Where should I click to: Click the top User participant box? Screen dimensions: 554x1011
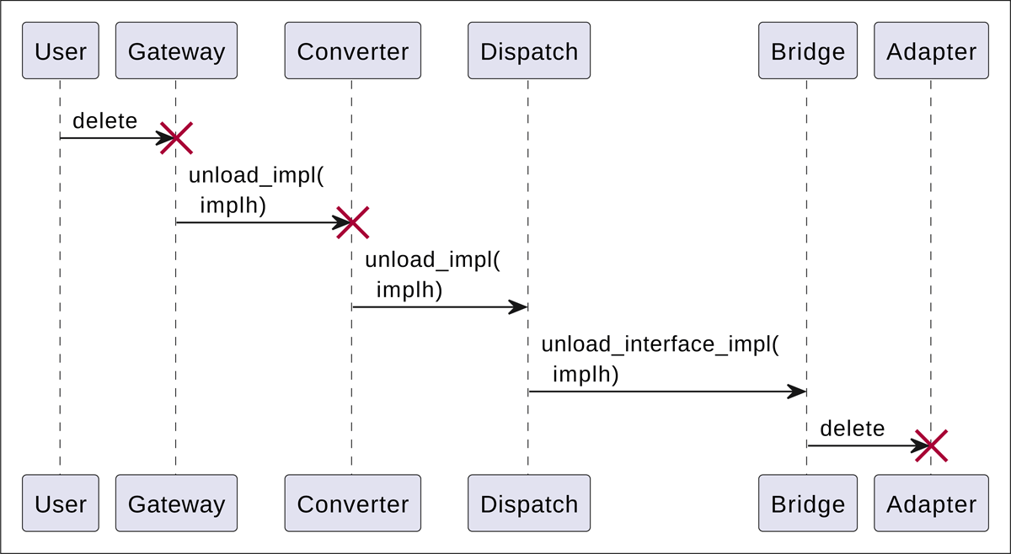click(x=60, y=51)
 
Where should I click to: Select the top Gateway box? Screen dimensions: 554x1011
click(x=176, y=51)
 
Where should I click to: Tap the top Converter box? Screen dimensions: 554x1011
click(x=352, y=51)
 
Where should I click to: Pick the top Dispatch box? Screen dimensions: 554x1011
click(x=529, y=51)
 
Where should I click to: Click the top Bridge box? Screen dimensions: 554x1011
click(x=807, y=51)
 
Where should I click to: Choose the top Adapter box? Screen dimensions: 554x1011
click(x=931, y=51)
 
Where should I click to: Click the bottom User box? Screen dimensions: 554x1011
click(x=60, y=503)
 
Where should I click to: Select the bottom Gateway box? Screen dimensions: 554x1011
click(x=176, y=503)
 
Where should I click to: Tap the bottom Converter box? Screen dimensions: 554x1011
click(x=352, y=503)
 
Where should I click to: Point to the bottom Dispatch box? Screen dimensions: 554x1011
click(x=529, y=503)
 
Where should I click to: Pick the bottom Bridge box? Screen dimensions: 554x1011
click(x=807, y=503)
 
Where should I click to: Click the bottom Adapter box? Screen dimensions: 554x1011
click(x=931, y=503)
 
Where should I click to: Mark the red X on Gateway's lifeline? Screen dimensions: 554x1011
click(x=176, y=138)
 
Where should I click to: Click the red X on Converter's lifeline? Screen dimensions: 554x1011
click(x=352, y=222)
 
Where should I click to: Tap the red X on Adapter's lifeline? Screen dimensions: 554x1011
click(x=931, y=445)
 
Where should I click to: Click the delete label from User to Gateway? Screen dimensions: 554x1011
click(x=104, y=121)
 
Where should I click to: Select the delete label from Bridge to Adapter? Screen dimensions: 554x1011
click(x=852, y=429)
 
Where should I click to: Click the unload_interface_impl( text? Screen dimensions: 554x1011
click(x=660, y=344)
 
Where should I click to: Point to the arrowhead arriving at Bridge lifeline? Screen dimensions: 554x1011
click(x=797, y=392)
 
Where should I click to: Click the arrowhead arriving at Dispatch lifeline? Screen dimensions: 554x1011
click(x=518, y=307)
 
